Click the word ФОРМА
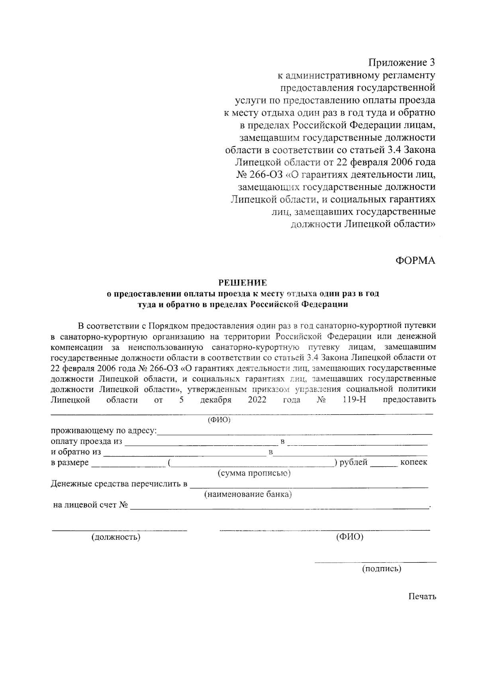pyautogui.click(x=415, y=261)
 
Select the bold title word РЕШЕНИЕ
pyautogui.click(x=242, y=283)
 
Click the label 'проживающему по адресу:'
pyautogui.click(x=104, y=431)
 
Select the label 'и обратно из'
pyautogui.click(x=76, y=452)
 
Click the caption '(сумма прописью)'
pyautogui.click(x=254, y=473)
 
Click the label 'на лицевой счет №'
pyautogui.click(x=90, y=505)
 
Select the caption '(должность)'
pyautogui.click(x=116, y=537)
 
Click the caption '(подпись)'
pyautogui.click(x=381, y=569)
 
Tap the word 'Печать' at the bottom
pyautogui.click(x=422, y=597)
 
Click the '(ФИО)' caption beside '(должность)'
pyautogui.click(x=349, y=537)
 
